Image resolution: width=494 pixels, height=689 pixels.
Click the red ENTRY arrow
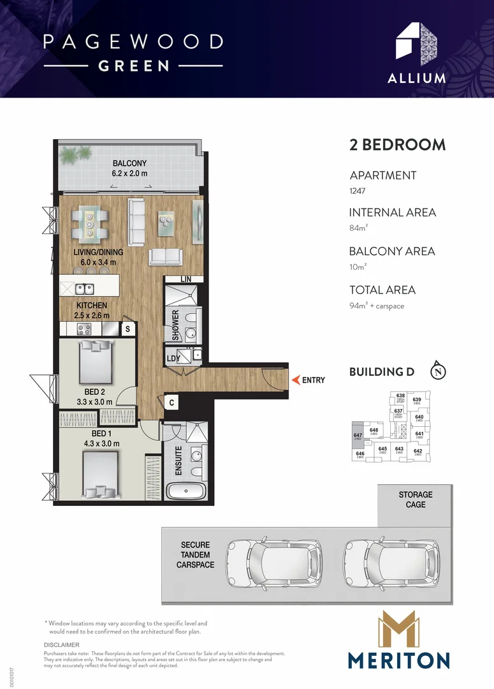pyautogui.click(x=296, y=380)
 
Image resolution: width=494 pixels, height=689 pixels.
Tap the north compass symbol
pyautogui.click(x=437, y=371)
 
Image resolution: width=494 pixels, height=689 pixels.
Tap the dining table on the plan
pyautogui.click(x=89, y=224)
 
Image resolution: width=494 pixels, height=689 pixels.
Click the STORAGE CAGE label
pyautogui.click(x=416, y=500)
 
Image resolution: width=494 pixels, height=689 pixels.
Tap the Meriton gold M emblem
pyautogui.click(x=398, y=628)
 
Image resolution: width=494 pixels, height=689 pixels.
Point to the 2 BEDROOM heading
pyautogui.click(x=397, y=144)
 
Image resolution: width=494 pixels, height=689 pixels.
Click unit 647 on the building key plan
pyautogui.click(x=358, y=436)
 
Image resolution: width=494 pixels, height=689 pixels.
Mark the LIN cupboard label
pyautogui.click(x=186, y=279)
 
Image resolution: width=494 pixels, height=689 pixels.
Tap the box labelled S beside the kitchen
pyautogui.click(x=127, y=329)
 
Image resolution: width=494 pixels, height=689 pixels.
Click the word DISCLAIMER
pyautogui.click(x=61, y=646)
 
